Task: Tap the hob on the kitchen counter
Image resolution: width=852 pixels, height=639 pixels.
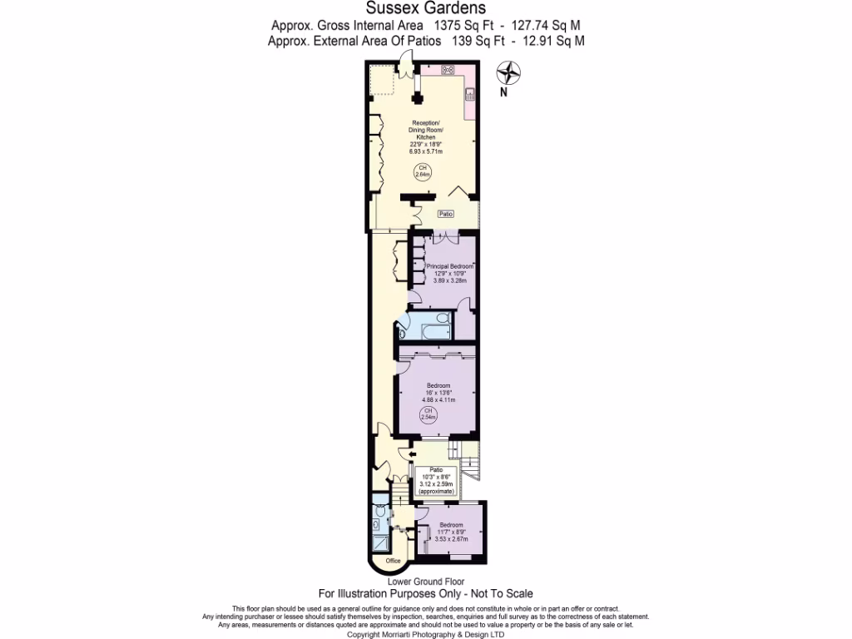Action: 448,70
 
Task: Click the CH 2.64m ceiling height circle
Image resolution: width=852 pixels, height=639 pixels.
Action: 422,171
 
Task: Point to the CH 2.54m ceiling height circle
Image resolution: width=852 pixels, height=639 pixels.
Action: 428,415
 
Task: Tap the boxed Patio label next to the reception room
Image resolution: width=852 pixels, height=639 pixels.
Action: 446,215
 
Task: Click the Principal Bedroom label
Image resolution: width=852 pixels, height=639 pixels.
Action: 449,267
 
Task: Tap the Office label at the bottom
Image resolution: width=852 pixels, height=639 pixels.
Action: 393,561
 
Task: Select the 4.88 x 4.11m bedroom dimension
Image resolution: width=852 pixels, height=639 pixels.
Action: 438,399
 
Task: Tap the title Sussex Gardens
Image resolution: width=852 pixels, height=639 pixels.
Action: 426,10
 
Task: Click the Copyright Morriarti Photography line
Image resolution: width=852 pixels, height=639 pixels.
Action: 426,634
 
